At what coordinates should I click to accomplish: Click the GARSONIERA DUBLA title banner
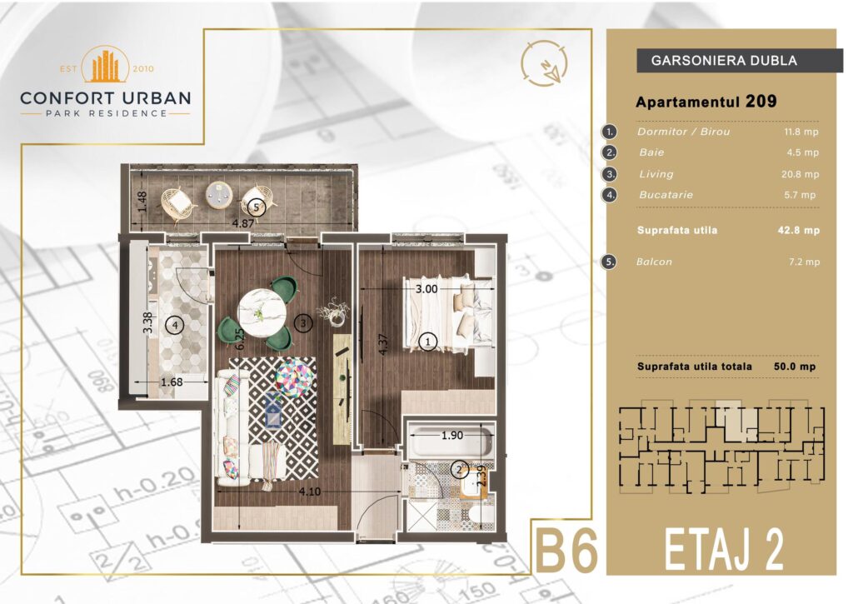[740, 60]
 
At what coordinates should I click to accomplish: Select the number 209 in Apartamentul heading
[761, 101]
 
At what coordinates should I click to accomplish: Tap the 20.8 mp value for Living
[800, 174]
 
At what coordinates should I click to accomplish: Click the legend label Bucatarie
[666, 195]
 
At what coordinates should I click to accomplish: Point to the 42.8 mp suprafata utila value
[799, 230]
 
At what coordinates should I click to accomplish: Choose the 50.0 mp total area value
[795, 367]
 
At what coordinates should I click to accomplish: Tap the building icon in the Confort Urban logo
[105, 66]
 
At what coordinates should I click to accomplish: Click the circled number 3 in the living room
[303, 323]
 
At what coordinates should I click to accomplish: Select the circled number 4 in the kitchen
[175, 326]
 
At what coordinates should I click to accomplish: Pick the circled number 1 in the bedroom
[428, 342]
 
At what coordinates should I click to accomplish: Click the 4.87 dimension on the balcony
[243, 223]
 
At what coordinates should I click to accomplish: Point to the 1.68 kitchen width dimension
[172, 382]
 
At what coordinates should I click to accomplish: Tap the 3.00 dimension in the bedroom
[426, 289]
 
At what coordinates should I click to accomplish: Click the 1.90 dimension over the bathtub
[452, 436]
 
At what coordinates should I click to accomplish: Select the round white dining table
[262, 312]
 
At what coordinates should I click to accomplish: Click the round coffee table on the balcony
[219, 194]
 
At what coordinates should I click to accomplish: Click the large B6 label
[567, 550]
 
